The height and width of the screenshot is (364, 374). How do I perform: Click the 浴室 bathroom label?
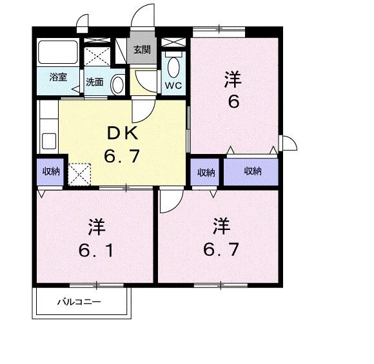click(57, 77)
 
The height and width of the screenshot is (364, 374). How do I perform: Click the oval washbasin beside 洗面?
click(117, 83)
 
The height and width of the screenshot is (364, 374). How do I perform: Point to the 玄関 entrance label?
click(142, 50)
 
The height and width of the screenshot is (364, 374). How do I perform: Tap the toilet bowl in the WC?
click(173, 66)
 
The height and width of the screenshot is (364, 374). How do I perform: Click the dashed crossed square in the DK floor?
click(79, 173)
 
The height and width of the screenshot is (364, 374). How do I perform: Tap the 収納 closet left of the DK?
click(52, 171)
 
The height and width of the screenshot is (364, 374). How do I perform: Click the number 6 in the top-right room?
click(233, 101)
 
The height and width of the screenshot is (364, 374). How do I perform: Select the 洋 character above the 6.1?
click(97, 227)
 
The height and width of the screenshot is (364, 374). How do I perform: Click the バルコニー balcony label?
click(78, 301)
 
